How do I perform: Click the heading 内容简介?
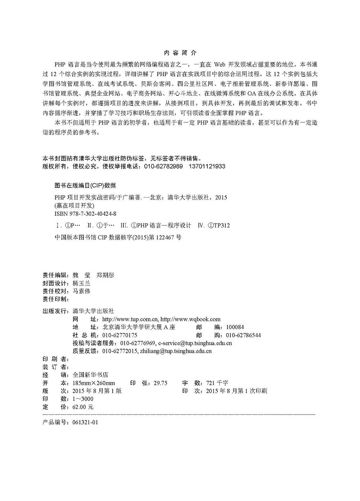tap(180, 53)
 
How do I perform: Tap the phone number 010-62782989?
tap(163, 166)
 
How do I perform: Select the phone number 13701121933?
tap(207, 166)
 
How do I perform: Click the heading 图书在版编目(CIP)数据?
tap(85, 185)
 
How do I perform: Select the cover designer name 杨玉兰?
tap(81, 283)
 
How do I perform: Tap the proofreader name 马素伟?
tap(81, 291)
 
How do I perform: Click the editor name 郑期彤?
tap(105, 275)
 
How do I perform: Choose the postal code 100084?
tap(235, 327)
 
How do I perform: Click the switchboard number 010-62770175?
tap(120, 335)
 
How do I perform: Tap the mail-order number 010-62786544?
tap(243, 335)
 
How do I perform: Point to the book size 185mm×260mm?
tap(94, 383)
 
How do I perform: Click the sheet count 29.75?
tap(161, 383)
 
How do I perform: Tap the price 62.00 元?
tap(83, 407)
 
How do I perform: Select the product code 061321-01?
tap(85, 422)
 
